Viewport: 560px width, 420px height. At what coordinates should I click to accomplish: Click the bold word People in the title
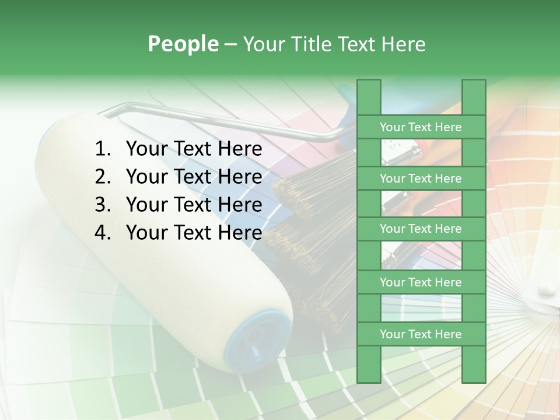(183, 44)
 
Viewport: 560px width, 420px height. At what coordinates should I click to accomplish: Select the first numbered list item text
(194, 149)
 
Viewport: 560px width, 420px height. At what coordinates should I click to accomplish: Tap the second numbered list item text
(194, 177)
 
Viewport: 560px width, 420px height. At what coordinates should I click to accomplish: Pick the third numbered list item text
(194, 205)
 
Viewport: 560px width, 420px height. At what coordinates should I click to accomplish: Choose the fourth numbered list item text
(194, 233)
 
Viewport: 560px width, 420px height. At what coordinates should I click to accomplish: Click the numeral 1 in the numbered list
(102, 149)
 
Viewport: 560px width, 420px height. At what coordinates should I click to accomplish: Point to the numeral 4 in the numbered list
(102, 233)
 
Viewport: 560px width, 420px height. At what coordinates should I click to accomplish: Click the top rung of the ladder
(421, 127)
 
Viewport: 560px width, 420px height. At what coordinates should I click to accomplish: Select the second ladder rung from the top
(421, 178)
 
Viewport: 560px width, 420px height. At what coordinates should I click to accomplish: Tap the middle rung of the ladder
(421, 229)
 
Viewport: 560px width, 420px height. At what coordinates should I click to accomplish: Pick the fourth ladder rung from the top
(421, 282)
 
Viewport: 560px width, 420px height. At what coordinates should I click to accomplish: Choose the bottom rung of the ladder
(421, 334)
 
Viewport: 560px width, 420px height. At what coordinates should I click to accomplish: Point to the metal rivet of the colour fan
(546, 287)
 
